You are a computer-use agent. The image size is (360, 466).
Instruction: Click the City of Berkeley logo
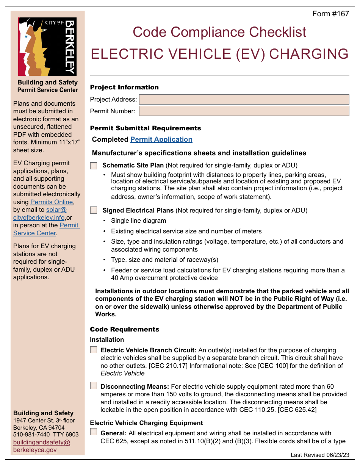[47, 47]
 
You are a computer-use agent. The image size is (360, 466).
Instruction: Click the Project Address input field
[244, 99]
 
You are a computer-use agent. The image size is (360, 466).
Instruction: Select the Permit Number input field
[244, 111]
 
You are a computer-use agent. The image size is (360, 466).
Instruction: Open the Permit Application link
[161, 139]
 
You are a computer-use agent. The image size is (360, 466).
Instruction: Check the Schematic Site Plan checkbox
[94, 166]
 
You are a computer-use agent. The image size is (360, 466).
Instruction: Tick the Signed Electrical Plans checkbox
[94, 210]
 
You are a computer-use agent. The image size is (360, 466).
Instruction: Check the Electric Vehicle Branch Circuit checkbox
[93, 350]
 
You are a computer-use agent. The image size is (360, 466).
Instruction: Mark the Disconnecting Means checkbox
[93, 386]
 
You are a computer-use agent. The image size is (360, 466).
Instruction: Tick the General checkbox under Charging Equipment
[93, 432]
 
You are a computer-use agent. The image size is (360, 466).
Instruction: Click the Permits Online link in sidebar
[52, 202]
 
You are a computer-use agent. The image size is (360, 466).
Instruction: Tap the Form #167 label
[330, 14]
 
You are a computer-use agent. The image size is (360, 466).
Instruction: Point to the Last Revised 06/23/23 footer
[320, 455]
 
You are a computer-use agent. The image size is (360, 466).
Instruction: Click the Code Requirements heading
[124, 329]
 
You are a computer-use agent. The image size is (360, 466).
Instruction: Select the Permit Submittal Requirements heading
[145, 128]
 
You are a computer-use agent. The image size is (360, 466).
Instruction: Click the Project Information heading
[124, 87]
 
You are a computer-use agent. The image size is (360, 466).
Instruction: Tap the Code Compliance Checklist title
[219, 32]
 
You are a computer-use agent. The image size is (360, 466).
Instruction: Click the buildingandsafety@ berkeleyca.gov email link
[41, 446]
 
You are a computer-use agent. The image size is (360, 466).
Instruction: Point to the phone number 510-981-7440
[31, 435]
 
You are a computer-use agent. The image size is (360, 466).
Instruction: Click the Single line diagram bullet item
[138, 220]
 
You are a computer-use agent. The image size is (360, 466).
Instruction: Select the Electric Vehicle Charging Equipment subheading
[146, 423]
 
